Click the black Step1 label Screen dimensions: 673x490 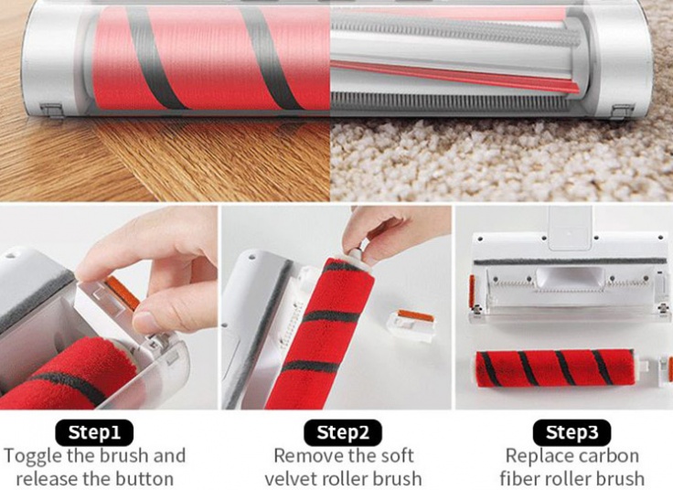[94, 432]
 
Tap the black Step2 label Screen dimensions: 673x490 [343, 432]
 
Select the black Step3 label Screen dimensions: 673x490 [572, 432]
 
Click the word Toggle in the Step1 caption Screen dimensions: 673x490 [32, 456]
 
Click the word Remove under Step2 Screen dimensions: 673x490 [308, 455]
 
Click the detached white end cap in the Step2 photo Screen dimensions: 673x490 [411, 325]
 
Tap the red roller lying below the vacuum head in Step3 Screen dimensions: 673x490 [555, 368]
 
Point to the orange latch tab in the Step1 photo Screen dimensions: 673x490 [123, 293]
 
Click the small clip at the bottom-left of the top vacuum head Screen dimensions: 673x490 [52, 111]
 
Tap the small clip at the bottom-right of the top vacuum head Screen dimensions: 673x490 [622, 112]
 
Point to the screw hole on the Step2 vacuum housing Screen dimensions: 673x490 [251, 258]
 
